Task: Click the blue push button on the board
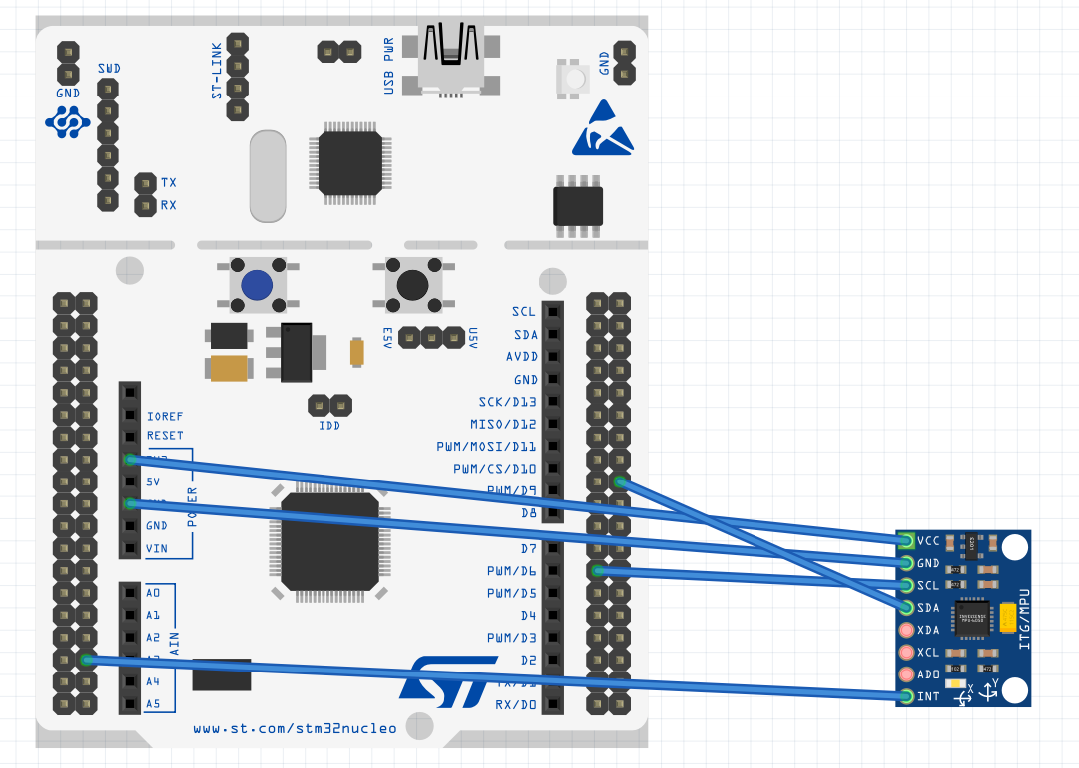pyautogui.click(x=258, y=285)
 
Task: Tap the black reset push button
pyautogui.click(x=413, y=285)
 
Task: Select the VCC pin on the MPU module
pyautogui.click(x=907, y=541)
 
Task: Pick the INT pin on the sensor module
pyautogui.click(x=907, y=696)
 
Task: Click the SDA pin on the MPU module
pyautogui.click(x=907, y=607)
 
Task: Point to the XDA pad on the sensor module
pyautogui.click(x=907, y=630)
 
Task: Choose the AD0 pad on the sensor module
pyautogui.click(x=907, y=674)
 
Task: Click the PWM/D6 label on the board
pyautogui.click(x=511, y=571)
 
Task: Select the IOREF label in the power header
pyautogui.click(x=165, y=416)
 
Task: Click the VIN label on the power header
pyautogui.click(x=157, y=548)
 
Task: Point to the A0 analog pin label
pyautogui.click(x=153, y=593)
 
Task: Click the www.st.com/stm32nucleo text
pyautogui.click(x=295, y=728)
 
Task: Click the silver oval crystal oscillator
pyautogui.click(x=268, y=176)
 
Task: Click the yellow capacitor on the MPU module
pyautogui.click(x=1008, y=618)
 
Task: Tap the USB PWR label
pyautogui.click(x=389, y=66)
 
